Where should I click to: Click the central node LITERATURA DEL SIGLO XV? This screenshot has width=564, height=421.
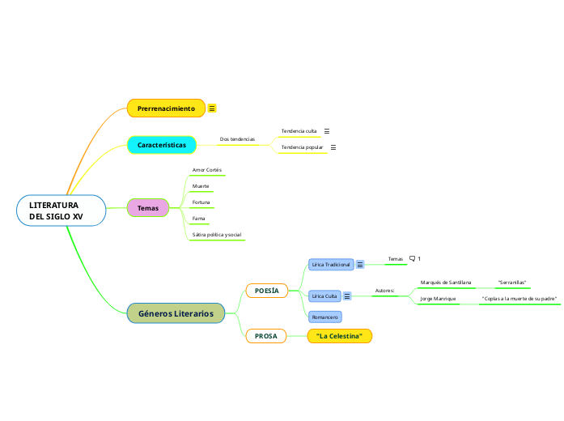[61, 210]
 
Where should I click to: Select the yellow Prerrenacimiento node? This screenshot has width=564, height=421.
[166, 108]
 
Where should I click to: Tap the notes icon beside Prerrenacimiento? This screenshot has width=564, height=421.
[212, 108]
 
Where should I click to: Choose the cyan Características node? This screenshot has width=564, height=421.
[162, 145]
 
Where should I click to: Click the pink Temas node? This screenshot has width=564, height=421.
[148, 208]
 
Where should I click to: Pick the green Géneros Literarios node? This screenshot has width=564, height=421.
[176, 313]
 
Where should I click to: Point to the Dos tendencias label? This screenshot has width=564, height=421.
[237, 139]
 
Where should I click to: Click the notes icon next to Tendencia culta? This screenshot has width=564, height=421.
[327, 130]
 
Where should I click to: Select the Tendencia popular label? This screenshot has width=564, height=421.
[302, 147]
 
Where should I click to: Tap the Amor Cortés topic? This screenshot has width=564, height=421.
[206, 170]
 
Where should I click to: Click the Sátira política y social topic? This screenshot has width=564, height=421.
[216, 235]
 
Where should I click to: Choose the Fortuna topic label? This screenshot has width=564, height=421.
[201, 202]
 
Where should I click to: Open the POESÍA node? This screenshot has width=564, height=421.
[266, 290]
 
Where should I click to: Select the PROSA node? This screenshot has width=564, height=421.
[265, 335]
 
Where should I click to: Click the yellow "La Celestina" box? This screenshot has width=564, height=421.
[339, 335]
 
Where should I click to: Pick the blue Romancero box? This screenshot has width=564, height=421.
[324, 317]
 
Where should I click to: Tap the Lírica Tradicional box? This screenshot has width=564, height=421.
[331, 264]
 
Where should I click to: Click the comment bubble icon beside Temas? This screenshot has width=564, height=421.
[413, 258]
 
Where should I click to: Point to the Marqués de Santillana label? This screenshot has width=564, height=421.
[445, 283]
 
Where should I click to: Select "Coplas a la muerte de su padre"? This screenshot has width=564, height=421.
[519, 299]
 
